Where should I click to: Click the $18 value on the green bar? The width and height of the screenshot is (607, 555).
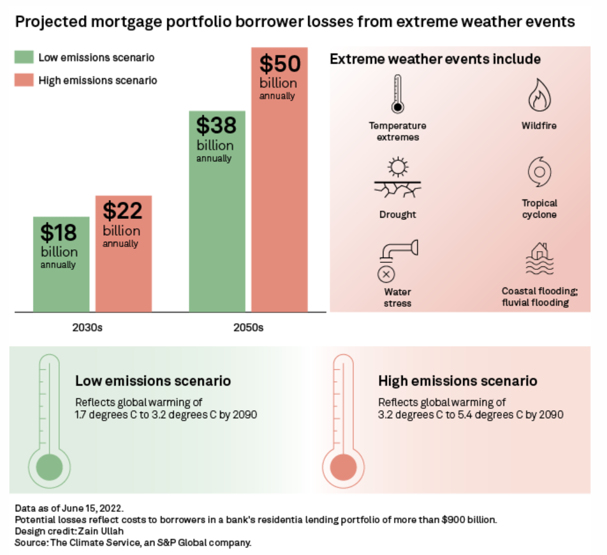(x=59, y=233)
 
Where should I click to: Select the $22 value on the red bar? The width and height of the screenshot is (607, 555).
(x=123, y=211)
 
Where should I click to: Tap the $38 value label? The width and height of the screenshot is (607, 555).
(x=216, y=126)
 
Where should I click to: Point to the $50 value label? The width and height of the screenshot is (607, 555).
(x=279, y=63)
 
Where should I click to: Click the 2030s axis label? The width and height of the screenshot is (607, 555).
(x=87, y=327)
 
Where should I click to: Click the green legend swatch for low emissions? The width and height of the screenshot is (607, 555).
(x=23, y=57)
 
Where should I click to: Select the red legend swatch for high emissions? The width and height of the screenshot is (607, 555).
(x=23, y=80)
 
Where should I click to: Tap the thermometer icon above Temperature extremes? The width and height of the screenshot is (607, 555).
(x=397, y=94)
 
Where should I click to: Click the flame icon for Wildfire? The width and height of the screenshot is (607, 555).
(x=538, y=96)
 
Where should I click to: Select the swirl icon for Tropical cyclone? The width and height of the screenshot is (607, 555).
(x=538, y=172)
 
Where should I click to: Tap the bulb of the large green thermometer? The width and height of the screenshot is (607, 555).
(x=49, y=467)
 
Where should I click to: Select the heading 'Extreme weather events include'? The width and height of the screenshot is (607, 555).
(x=435, y=59)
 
